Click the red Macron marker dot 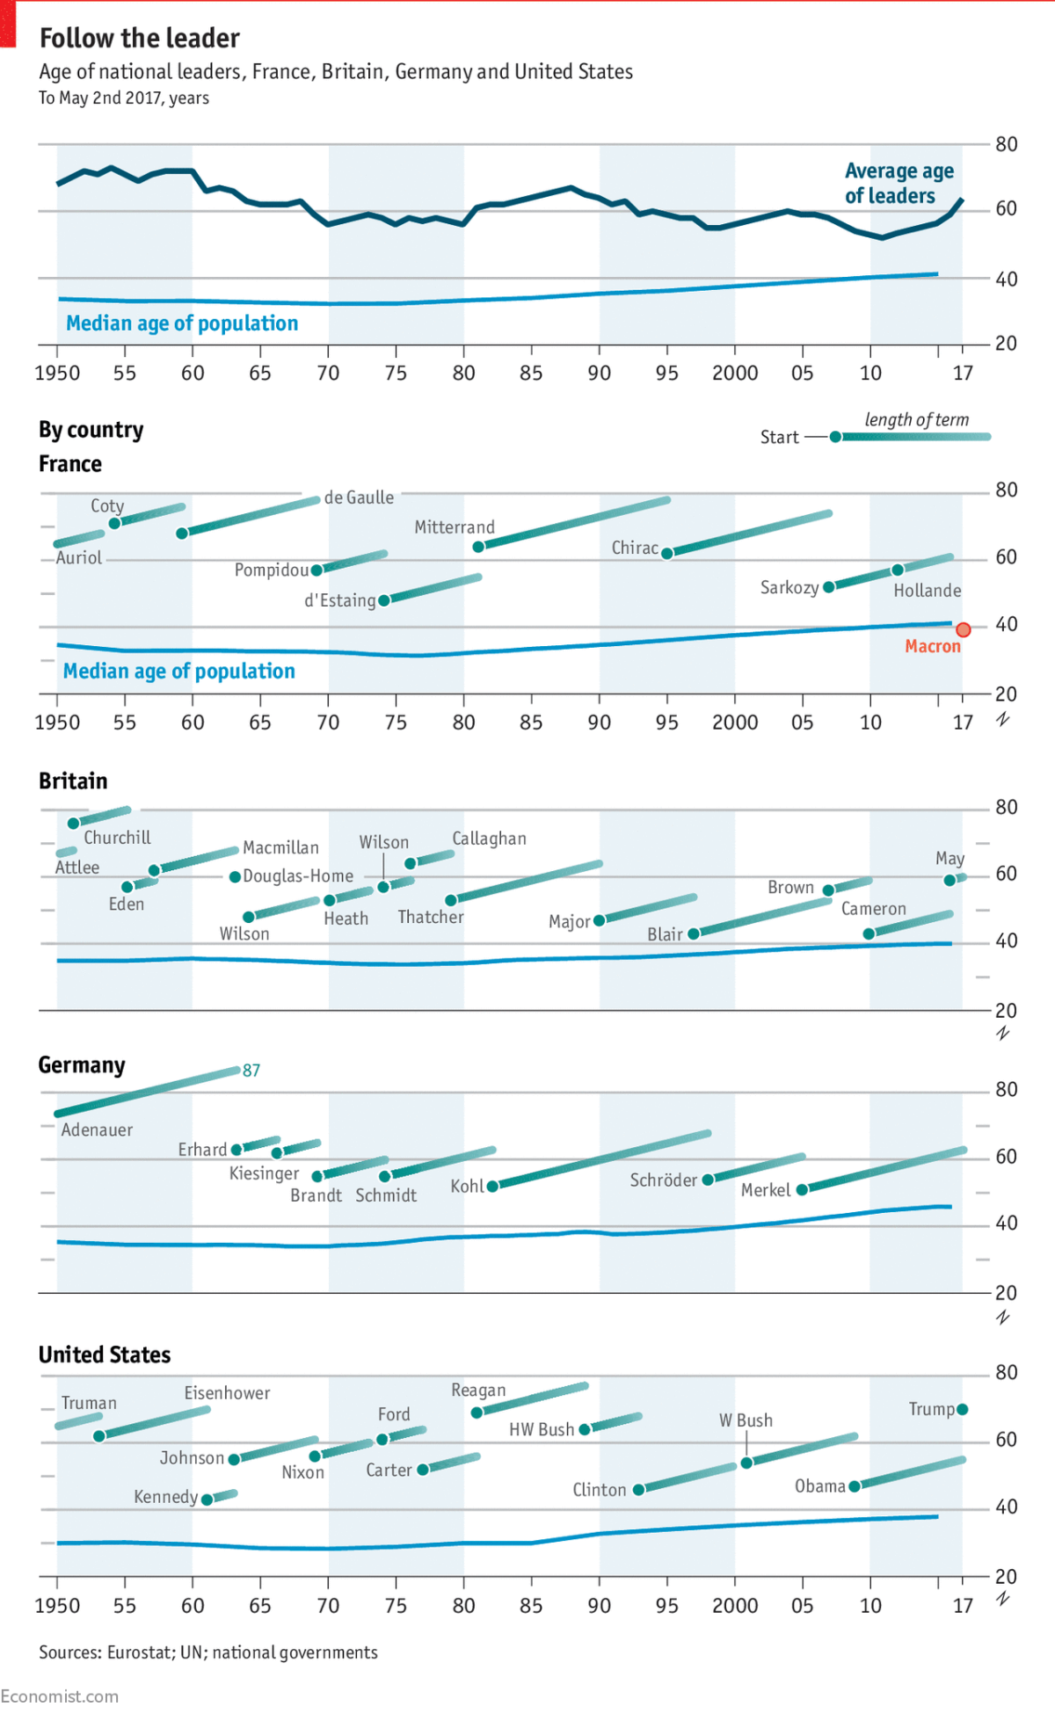click(x=964, y=629)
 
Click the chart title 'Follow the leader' click(x=140, y=39)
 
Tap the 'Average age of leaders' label click(x=899, y=183)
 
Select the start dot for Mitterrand click(x=478, y=547)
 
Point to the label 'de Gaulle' click(x=359, y=497)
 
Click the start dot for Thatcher click(x=451, y=900)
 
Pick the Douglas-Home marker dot click(x=235, y=876)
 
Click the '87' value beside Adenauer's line click(x=251, y=1070)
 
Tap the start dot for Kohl click(x=492, y=1187)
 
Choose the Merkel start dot click(x=802, y=1189)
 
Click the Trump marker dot click(x=963, y=1409)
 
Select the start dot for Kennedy click(x=207, y=1500)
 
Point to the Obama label click(x=819, y=1486)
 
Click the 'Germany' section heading click(x=82, y=1065)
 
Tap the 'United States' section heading click(x=105, y=1354)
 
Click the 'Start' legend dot click(x=835, y=437)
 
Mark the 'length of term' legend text click(x=916, y=419)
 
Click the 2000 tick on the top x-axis click(x=735, y=373)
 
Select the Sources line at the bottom click(x=208, y=1652)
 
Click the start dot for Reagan click(x=477, y=1413)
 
